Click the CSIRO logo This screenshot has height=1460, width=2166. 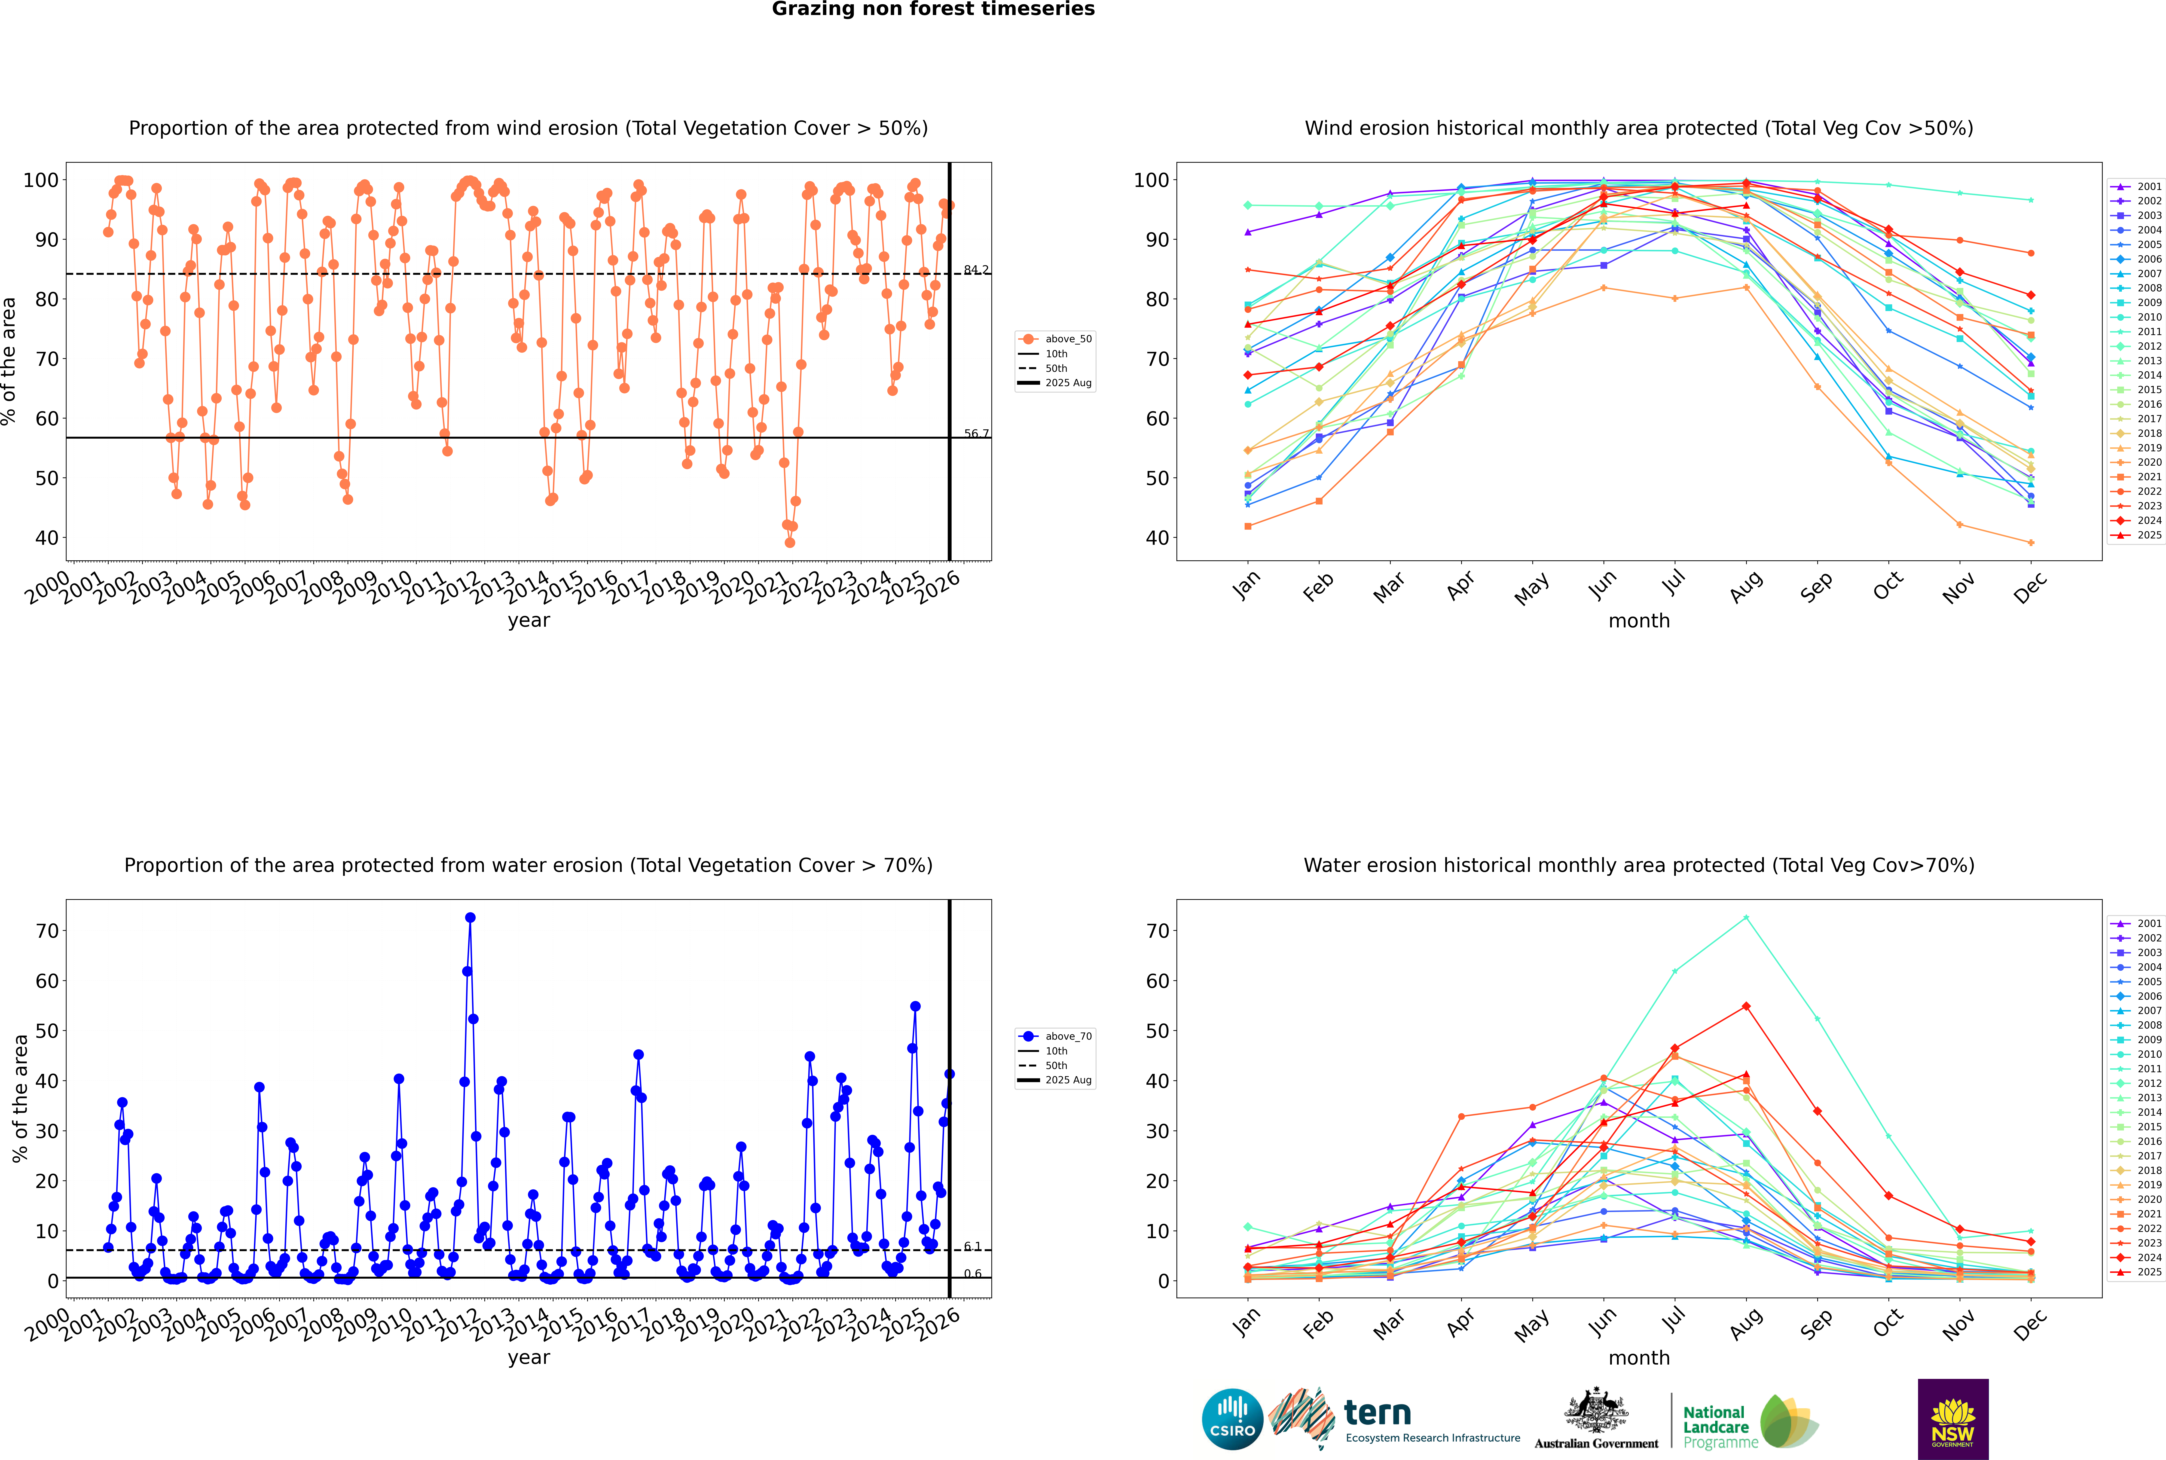tap(1232, 1419)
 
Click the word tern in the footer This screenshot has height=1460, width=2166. tap(1377, 1414)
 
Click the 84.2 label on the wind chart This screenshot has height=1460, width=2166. tap(976, 270)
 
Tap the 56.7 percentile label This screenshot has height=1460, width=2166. tap(976, 434)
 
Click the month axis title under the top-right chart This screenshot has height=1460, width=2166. tap(1639, 621)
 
